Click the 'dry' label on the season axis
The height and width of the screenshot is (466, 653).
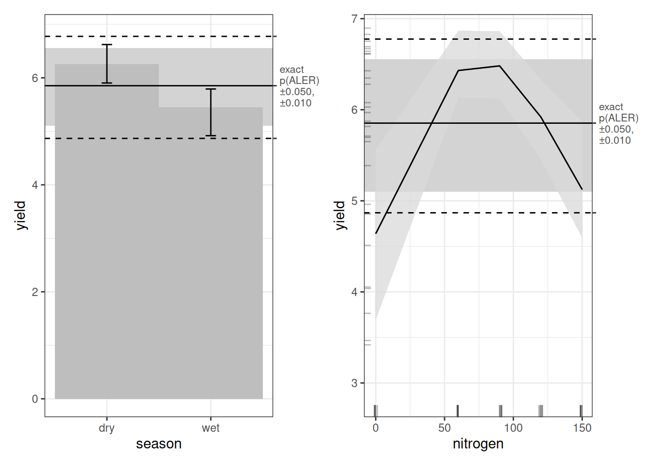click(106, 428)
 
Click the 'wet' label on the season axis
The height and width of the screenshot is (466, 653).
click(210, 428)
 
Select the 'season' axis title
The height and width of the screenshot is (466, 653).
click(159, 444)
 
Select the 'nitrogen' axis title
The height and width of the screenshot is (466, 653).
click(478, 444)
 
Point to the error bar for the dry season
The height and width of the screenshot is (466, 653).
click(107, 64)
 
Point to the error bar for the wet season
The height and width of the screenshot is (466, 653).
click(210, 112)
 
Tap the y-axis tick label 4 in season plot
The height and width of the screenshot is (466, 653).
click(35, 185)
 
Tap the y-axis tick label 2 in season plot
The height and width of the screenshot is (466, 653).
click(35, 292)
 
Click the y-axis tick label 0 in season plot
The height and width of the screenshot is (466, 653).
click(35, 399)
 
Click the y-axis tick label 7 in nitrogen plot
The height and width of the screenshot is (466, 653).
click(355, 19)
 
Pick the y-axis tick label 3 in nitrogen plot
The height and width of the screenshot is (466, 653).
click(355, 383)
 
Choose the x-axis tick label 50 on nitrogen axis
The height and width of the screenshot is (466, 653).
click(444, 428)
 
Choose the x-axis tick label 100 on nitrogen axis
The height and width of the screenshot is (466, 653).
click(513, 428)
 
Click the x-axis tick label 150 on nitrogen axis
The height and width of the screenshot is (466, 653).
click(582, 428)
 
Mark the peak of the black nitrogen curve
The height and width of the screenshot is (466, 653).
click(499, 66)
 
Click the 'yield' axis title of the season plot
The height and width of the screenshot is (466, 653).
click(20, 215)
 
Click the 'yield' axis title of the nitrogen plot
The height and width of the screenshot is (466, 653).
click(340, 215)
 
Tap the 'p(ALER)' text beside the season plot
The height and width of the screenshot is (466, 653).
click(299, 81)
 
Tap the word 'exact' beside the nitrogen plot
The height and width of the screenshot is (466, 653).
click(611, 107)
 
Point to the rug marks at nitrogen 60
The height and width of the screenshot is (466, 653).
click(458, 411)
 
